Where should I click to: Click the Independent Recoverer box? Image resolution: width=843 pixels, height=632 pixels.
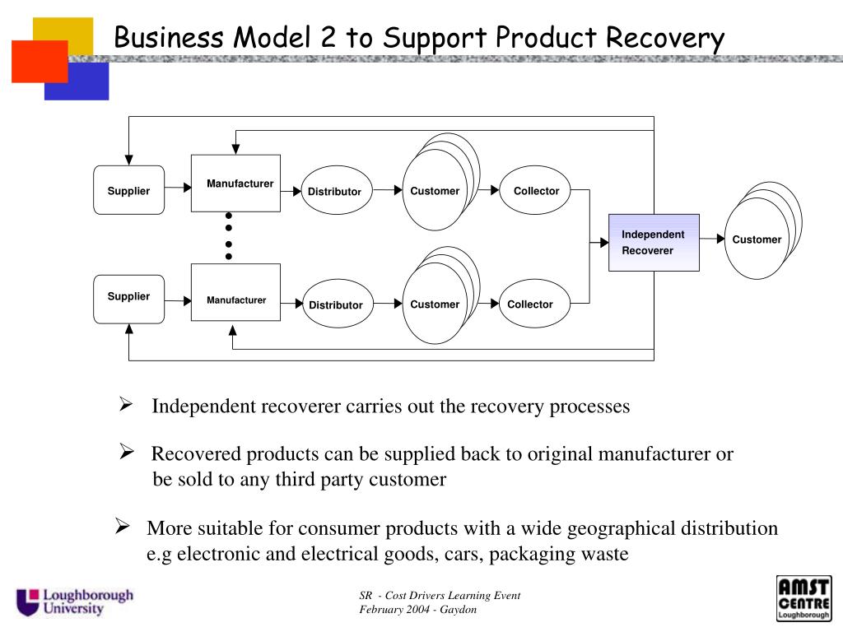pos(654,243)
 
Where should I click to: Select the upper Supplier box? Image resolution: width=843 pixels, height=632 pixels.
pos(129,190)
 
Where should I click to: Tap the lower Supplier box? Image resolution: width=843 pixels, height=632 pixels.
pos(129,300)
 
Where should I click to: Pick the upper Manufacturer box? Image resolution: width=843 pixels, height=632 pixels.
pos(235,184)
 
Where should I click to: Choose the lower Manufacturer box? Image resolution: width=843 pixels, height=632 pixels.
pos(235,292)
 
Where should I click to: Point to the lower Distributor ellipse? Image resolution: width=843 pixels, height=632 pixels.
pos(338,304)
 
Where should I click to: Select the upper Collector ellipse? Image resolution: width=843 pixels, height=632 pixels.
pos(535,190)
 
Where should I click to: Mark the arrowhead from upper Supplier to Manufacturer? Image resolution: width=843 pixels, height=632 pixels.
pos(188,187)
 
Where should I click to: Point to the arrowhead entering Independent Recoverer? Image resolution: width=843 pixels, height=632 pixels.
pos(604,243)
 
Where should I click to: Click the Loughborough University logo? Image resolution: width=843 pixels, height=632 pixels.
pos(75,602)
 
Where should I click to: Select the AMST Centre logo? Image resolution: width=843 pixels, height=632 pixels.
pos(803,598)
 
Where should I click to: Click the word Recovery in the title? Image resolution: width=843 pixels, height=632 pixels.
pos(665,39)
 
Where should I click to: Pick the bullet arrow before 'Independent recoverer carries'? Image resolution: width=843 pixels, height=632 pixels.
pos(126,404)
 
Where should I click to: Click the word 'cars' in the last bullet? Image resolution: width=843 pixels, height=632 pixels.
pos(462,554)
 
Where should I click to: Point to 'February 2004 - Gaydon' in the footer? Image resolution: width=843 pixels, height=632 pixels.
pos(417,610)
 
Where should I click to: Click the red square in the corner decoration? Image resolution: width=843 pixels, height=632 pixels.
pos(40,61)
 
